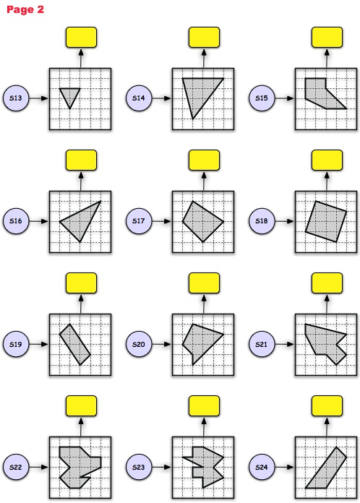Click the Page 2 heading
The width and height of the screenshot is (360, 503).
tap(25, 9)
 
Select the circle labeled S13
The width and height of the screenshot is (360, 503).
tap(16, 98)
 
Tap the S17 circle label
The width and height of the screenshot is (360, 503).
tap(139, 221)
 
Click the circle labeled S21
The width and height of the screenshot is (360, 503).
tap(262, 344)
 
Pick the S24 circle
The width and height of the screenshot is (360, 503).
tap(262, 467)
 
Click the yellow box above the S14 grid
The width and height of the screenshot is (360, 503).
tap(204, 38)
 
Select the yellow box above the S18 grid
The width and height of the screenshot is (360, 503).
tap(327, 160)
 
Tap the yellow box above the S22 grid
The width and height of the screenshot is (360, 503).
tap(81, 406)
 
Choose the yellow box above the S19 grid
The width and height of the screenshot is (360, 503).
tap(81, 283)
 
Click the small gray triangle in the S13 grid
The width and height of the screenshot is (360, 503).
tap(70, 95)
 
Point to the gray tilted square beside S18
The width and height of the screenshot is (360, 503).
tap(326, 221)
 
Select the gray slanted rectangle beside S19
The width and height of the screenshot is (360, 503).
tap(74, 344)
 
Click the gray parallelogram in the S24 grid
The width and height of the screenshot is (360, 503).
tap(326, 468)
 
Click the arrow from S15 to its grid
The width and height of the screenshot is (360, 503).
tap(285, 98)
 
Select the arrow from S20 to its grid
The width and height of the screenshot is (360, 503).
tap(162, 344)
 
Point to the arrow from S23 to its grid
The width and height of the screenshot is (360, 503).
tap(162, 467)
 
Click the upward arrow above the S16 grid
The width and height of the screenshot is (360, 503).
tap(81, 181)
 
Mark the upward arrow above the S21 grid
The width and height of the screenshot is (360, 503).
tap(327, 304)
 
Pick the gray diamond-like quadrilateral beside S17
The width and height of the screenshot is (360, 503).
tap(203, 221)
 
